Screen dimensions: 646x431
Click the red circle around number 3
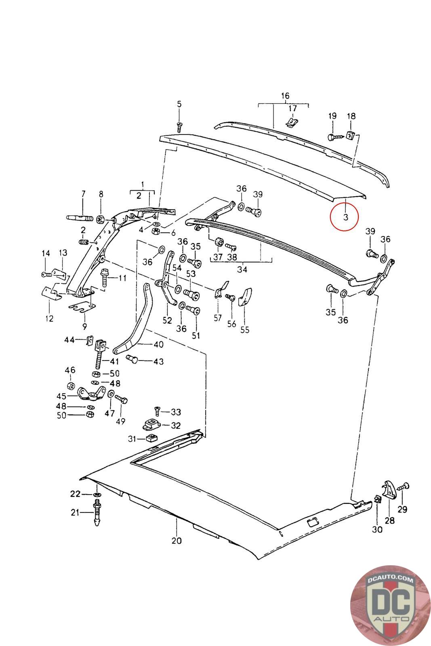click(344, 217)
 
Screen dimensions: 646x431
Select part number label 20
click(177, 541)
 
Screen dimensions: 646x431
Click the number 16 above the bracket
click(285, 96)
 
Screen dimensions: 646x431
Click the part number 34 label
click(242, 269)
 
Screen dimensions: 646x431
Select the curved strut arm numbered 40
click(133, 319)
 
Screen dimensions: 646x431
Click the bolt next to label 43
click(132, 359)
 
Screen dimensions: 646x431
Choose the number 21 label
click(75, 512)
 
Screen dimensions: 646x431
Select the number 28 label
click(389, 520)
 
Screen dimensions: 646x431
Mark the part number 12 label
click(49, 319)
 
